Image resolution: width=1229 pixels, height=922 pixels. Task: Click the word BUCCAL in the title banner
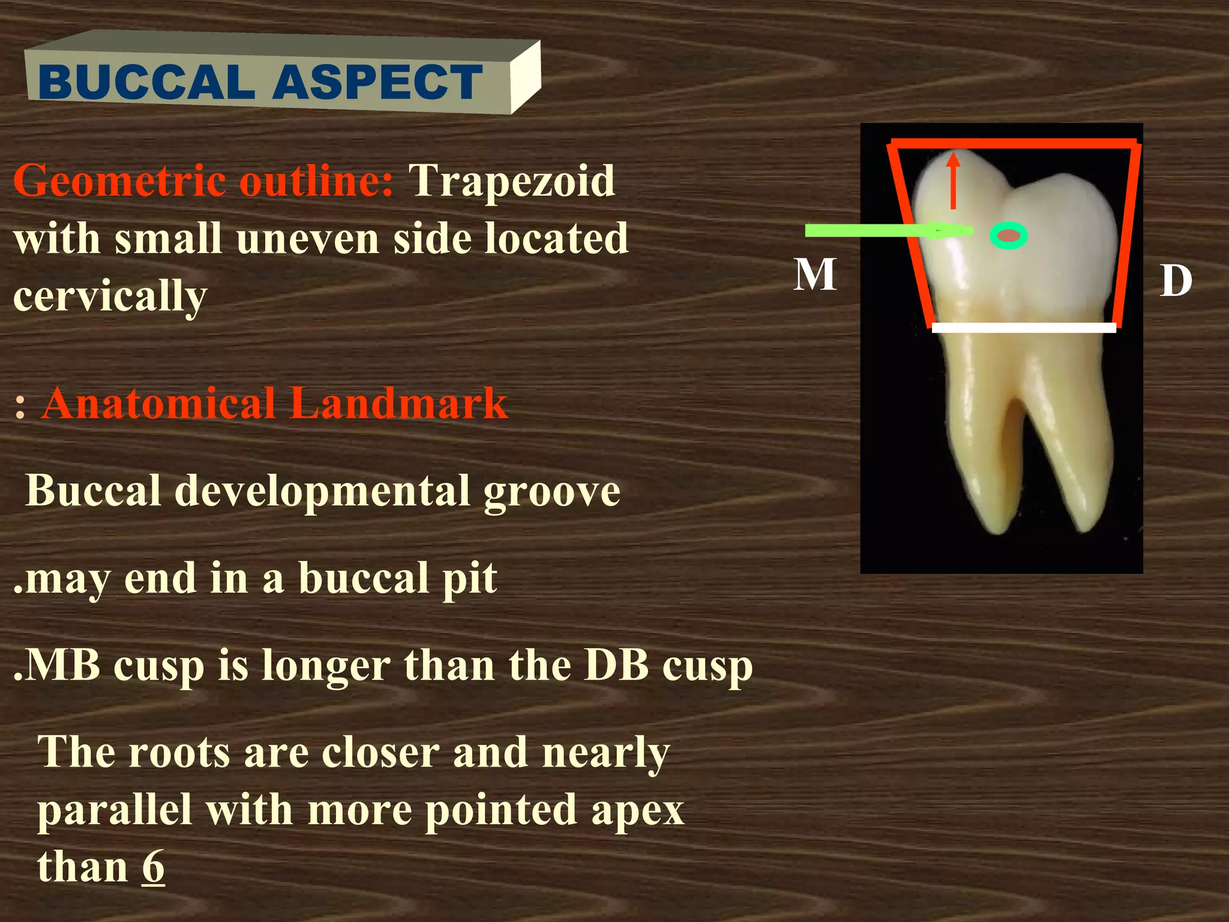(x=146, y=82)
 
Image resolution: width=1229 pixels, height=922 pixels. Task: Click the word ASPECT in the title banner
(x=377, y=82)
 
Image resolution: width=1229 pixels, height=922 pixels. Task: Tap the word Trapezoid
(x=512, y=180)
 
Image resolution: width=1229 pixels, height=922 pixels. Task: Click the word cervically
(x=110, y=297)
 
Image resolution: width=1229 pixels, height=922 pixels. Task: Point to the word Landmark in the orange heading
(x=398, y=403)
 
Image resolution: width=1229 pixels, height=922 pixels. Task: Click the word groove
(x=551, y=492)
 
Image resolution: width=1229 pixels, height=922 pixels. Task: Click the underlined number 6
(x=153, y=867)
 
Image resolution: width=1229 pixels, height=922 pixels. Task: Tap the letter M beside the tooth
(x=814, y=274)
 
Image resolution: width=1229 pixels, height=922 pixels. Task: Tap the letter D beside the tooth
(x=1176, y=281)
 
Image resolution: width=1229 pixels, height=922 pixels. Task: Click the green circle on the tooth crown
(x=1009, y=236)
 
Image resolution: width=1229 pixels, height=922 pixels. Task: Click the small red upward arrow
(x=954, y=180)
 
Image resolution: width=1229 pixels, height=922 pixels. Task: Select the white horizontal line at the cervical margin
(x=1024, y=328)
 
